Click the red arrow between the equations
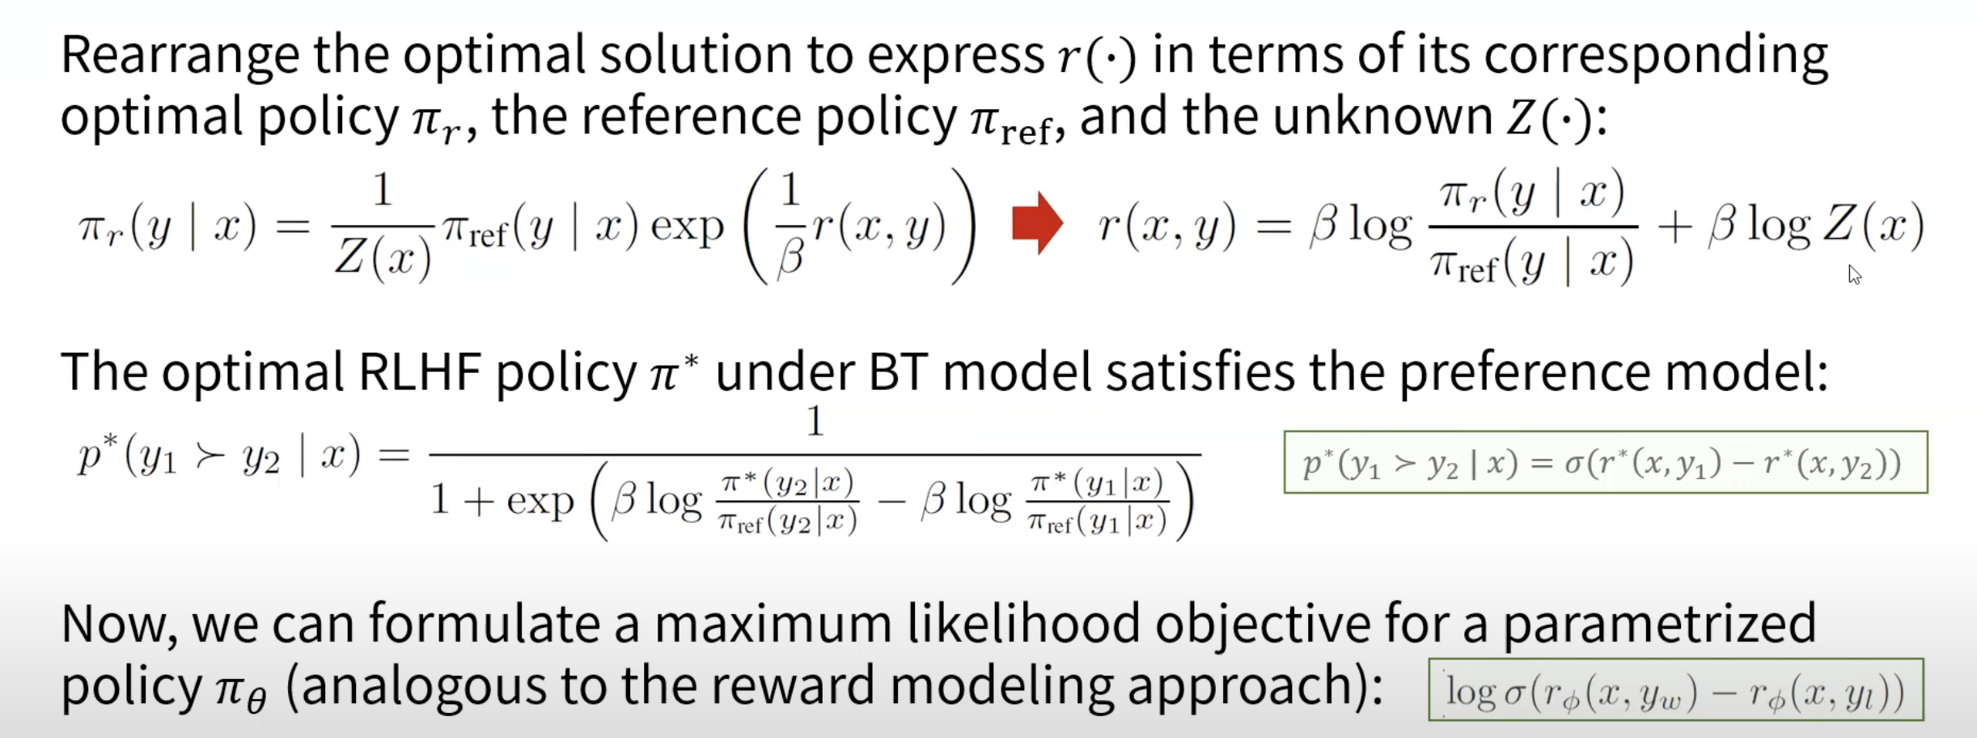1037,223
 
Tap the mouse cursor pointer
1854,274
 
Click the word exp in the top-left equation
687,227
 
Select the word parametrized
1660,626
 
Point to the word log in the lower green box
1471,692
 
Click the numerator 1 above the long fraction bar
815,422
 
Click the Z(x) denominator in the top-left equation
383,258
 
